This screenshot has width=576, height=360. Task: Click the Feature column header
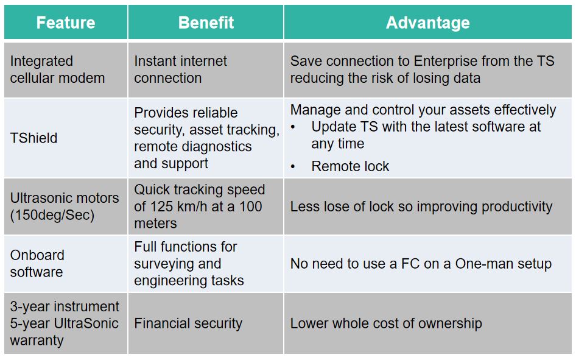tap(66, 23)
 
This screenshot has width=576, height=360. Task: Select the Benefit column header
tap(206, 23)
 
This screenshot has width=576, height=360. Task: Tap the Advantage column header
tap(427, 23)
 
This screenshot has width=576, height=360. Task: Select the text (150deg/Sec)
tap(52, 215)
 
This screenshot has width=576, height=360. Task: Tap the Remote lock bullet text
tap(350, 166)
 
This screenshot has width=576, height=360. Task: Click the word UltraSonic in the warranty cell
tap(86, 323)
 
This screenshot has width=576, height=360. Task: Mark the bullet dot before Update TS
tap(293, 127)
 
